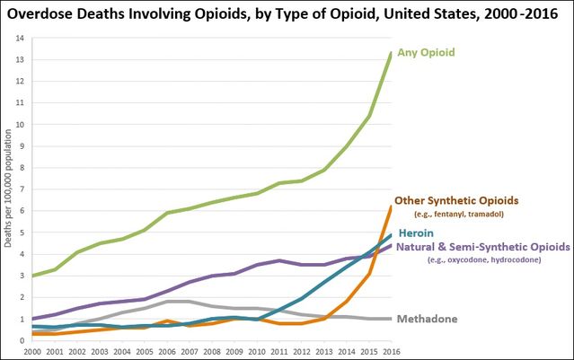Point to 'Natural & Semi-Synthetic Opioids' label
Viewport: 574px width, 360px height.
[x=483, y=246]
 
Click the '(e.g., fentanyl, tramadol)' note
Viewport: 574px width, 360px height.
[x=472, y=215]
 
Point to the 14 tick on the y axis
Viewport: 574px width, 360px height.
[x=19, y=38]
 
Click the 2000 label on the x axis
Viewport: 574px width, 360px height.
[x=32, y=351]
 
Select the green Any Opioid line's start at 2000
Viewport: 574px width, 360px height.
[x=32, y=276]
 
